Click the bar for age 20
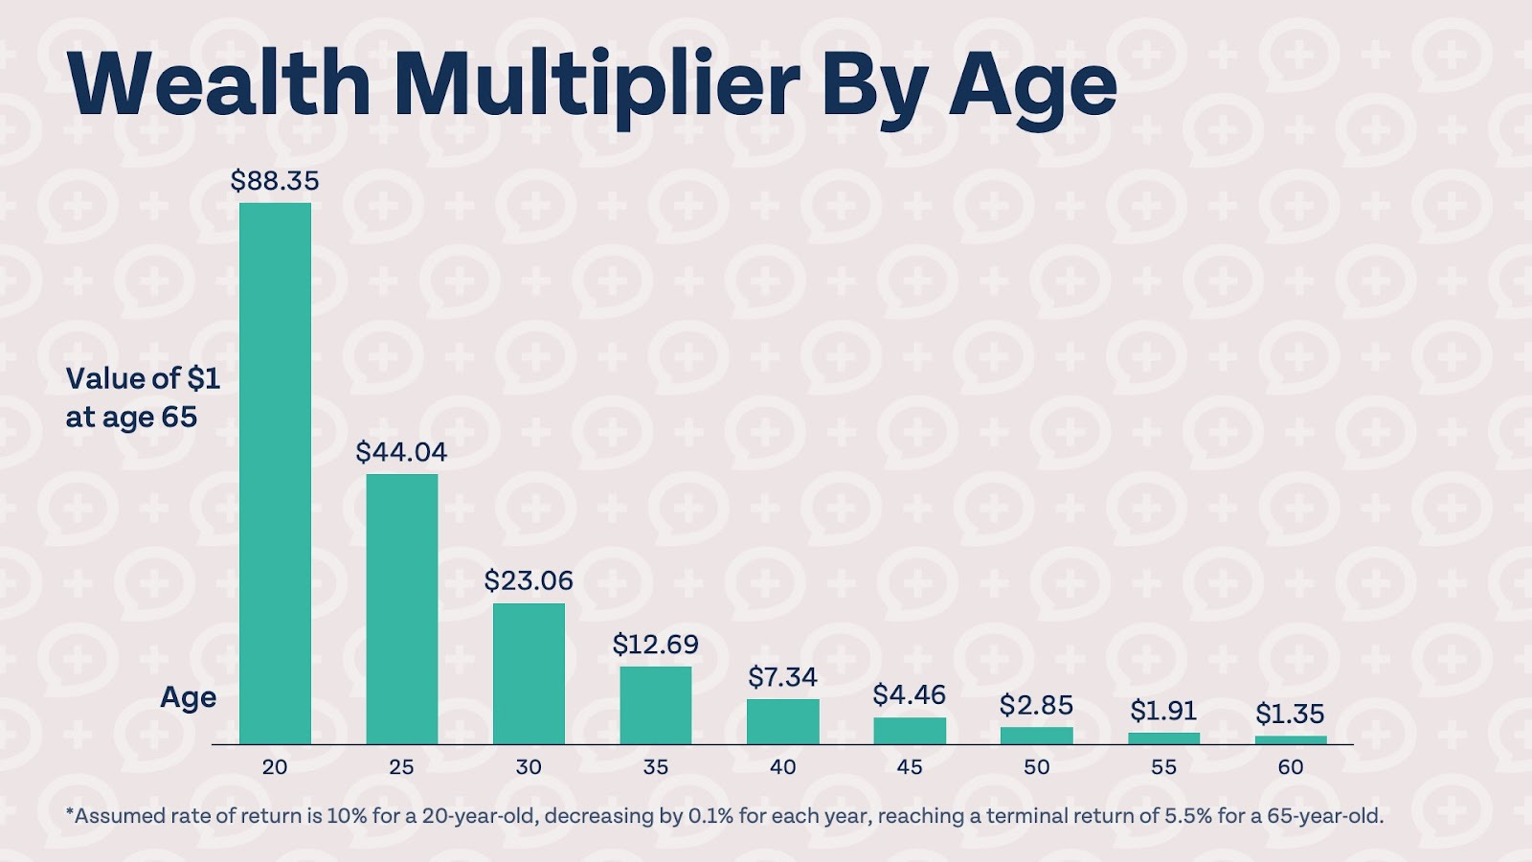[x=275, y=473]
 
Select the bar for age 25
[x=402, y=608]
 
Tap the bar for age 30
[x=529, y=673]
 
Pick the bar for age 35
[x=656, y=705]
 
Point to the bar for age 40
[x=783, y=721]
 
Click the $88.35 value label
[x=275, y=181]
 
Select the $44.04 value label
[x=401, y=452]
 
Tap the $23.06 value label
[x=529, y=580]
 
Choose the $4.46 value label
[x=909, y=694]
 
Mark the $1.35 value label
[x=1290, y=714]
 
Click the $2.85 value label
[x=1036, y=705]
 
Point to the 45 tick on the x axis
[x=910, y=767]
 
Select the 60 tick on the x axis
[x=1291, y=767]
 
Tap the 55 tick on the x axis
[x=1163, y=767]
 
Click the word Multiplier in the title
[x=596, y=84]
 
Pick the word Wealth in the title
[x=219, y=84]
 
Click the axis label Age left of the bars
[x=188, y=697]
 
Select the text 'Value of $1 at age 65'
[x=143, y=397]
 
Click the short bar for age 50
[x=1037, y=736]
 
